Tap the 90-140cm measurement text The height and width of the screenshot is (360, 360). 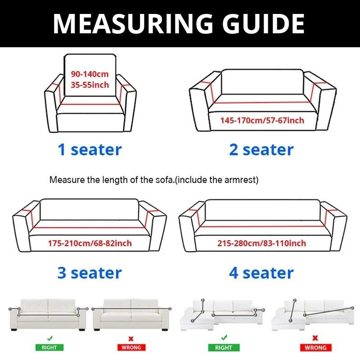[x=90, y=74]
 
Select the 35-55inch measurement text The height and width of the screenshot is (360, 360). [x=90, y=85]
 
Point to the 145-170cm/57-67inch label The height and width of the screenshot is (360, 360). [x=262, y=120]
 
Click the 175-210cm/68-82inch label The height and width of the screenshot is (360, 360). [x=90, y=243]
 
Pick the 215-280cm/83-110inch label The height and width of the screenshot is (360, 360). [x=262, y=243]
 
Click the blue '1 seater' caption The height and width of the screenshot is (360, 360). [x=90, y=149]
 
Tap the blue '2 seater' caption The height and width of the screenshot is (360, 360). [x=261, y=149]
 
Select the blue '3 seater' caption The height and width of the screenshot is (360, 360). [x=90, y=273]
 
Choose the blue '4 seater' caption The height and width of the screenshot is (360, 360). [x=261, y=273]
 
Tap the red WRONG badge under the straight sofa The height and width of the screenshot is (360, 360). [x=131, y=347]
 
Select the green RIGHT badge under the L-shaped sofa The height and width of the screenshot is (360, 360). [x=223, y=347]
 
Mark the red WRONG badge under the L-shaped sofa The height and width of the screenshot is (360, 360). [x=315, y=347]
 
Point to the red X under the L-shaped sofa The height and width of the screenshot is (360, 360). [x=315, y=337]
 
